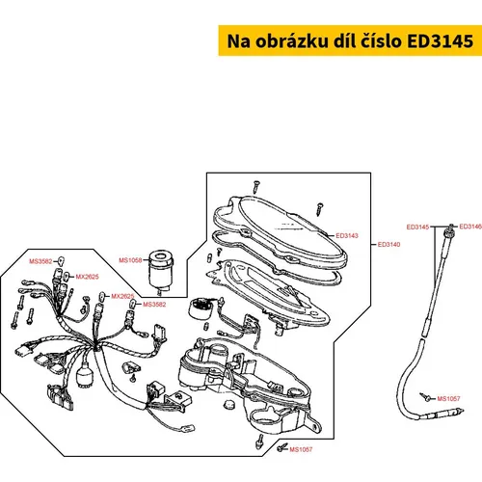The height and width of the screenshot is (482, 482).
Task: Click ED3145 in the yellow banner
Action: (441, 41)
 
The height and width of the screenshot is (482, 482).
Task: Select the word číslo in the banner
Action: (382, 40)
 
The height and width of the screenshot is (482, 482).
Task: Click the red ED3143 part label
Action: (347, 235)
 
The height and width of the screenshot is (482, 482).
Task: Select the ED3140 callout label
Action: (388, 245)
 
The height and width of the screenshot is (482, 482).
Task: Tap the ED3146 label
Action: (470, 227)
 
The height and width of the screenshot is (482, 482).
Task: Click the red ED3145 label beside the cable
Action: (417, 228)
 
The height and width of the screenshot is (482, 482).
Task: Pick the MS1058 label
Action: (130, 260)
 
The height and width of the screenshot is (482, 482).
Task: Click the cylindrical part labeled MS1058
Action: (160, 270)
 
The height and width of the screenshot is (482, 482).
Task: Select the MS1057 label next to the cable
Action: (448, 399)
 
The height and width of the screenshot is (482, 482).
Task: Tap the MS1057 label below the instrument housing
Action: (301, 449)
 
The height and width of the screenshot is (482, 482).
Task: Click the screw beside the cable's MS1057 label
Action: (425, 396)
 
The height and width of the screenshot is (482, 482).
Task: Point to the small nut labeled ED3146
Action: (451, 226)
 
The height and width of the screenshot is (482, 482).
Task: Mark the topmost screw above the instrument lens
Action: (256, 186)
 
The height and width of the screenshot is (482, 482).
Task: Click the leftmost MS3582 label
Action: (40, 261)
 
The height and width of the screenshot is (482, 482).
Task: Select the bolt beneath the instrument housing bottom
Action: (259, 442)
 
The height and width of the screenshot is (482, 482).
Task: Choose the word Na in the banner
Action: (238, 41)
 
